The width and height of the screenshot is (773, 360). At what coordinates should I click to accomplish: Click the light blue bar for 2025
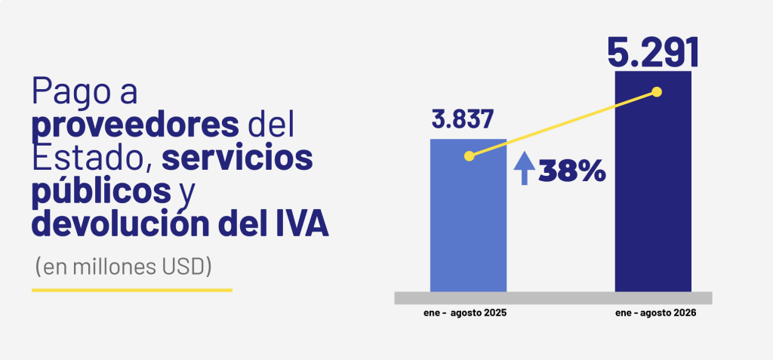click(468, 215)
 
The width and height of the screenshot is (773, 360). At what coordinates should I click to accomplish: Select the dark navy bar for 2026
click(653, 181)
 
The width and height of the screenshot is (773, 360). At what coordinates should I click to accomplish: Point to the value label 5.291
click(653, 52)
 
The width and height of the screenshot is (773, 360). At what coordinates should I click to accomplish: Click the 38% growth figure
click(572, 171)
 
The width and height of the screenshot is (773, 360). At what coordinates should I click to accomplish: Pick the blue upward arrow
click(525, 168)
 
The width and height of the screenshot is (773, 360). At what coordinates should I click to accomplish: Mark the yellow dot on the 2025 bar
click(470, 155)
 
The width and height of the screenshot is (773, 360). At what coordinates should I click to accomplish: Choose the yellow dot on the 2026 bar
click(657, 92)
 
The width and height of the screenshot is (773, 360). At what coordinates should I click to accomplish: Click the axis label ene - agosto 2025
click(465, 313)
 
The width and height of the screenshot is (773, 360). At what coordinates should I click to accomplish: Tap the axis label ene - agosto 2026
click(656, 313)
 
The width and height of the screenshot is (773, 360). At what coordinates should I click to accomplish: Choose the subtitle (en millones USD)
click(123, 266)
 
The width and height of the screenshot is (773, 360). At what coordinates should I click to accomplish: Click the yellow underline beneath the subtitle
click(132, 290)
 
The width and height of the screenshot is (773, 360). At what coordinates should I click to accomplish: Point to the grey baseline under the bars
click(553, 298)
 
